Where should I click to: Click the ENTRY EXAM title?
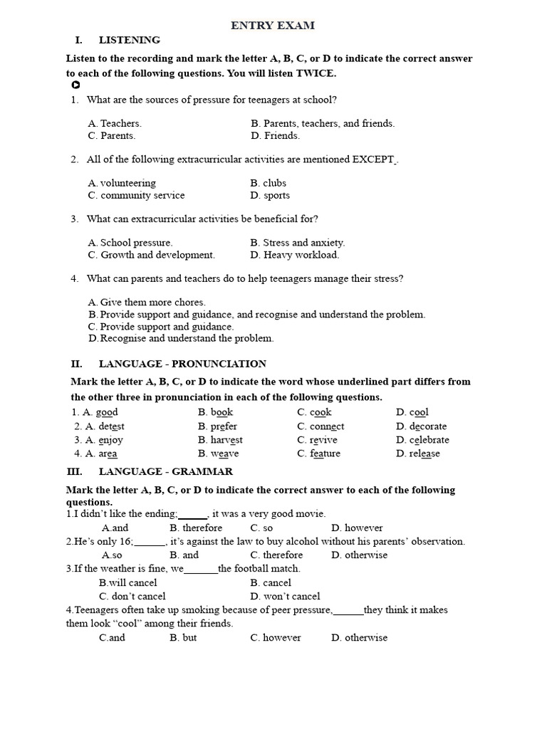[273, 26]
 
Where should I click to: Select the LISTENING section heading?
[129, 40]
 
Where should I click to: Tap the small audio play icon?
[75, 85]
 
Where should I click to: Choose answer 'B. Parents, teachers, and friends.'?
[322, 123]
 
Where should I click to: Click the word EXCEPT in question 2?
[373, 159]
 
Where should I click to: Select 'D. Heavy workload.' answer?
[295, 254]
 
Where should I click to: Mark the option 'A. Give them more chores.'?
[147, 302]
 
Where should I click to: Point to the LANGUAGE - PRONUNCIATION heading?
[182, 364]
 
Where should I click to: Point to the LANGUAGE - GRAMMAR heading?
[165, 471]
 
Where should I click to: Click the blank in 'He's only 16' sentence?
[150, 542]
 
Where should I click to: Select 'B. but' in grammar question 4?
[183, 637]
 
